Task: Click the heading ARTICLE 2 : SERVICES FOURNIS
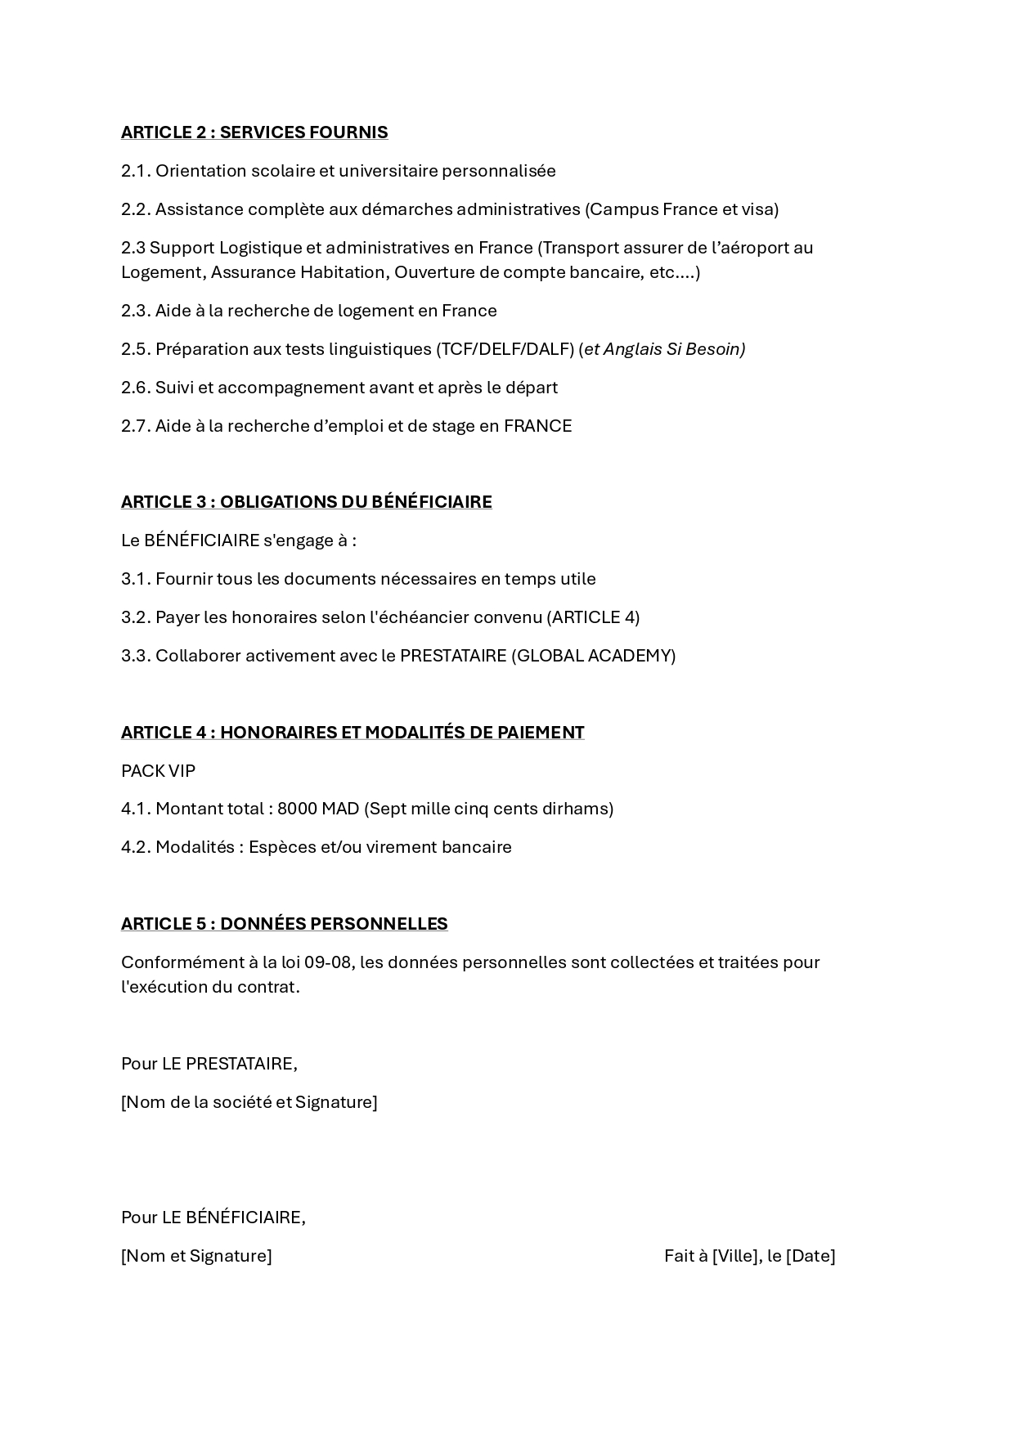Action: (254, 132)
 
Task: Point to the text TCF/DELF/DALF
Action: (505, 349)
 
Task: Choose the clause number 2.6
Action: (137, 388)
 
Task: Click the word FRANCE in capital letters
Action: (537, 426)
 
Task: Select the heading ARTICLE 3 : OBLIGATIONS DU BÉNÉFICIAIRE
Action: (306, 502)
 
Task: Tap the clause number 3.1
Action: (137, 579)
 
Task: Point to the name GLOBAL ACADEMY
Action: (593, 656)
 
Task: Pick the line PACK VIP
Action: (158, 771)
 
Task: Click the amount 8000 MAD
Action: (318, 809)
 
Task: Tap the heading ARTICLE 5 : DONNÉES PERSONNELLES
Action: (284, 924)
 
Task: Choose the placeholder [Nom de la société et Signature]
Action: (249, 1102)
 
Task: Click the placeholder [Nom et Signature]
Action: (196, 1256)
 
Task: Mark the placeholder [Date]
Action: (811, 1256)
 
